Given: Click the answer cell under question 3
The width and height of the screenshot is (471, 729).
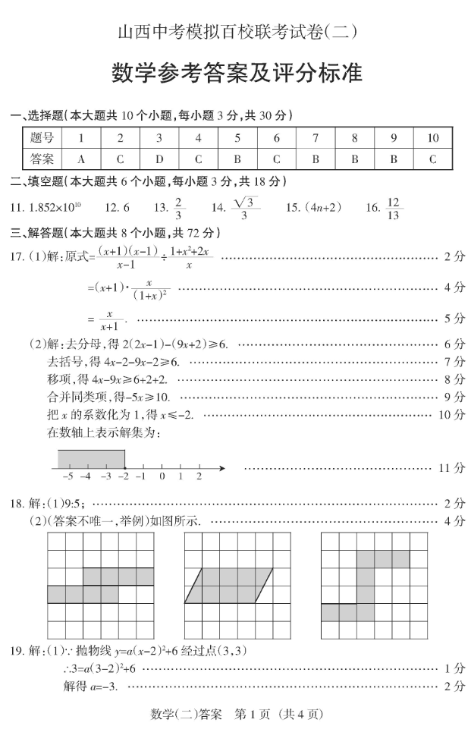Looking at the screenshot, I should click(x=159, y=159).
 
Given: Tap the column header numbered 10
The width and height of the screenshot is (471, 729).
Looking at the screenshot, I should click(x=432, y=138).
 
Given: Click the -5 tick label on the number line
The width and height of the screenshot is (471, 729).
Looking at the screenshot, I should click(x=68, y=476).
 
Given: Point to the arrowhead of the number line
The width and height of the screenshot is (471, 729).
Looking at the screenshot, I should click(x=221, y=468).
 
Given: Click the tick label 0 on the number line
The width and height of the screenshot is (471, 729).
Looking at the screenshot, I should click(x=162, y=476).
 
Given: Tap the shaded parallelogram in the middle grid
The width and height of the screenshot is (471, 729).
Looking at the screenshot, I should click(x=228, y=585).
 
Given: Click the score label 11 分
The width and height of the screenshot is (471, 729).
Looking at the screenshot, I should click(x=453, y=468).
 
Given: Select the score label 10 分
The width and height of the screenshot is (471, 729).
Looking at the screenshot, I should click(x=453, y=414).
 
